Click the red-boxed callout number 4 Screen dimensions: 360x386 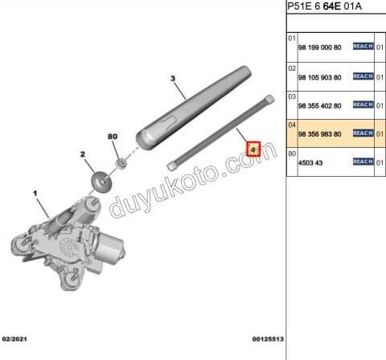(x=253, y=149)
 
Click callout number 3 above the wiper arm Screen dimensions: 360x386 (x=172, y=78)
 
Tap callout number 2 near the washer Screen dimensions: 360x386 (x=83, y=153)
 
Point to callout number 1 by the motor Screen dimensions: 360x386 (x=35, y=193)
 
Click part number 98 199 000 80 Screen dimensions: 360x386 (x=319, y=48)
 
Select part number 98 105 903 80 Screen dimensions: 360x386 (x=319, y=77)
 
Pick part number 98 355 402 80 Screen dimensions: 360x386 (x=319, y=105)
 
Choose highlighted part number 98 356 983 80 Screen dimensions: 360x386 (x=319, y=134)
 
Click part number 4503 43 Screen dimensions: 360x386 (x=310, y=162)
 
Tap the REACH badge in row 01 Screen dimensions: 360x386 (x=363, y=47)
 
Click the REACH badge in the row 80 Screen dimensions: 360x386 (x=363, y=162)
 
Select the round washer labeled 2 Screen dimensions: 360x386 (x=101, y=181)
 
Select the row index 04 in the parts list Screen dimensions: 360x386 (x=293, y=125)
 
